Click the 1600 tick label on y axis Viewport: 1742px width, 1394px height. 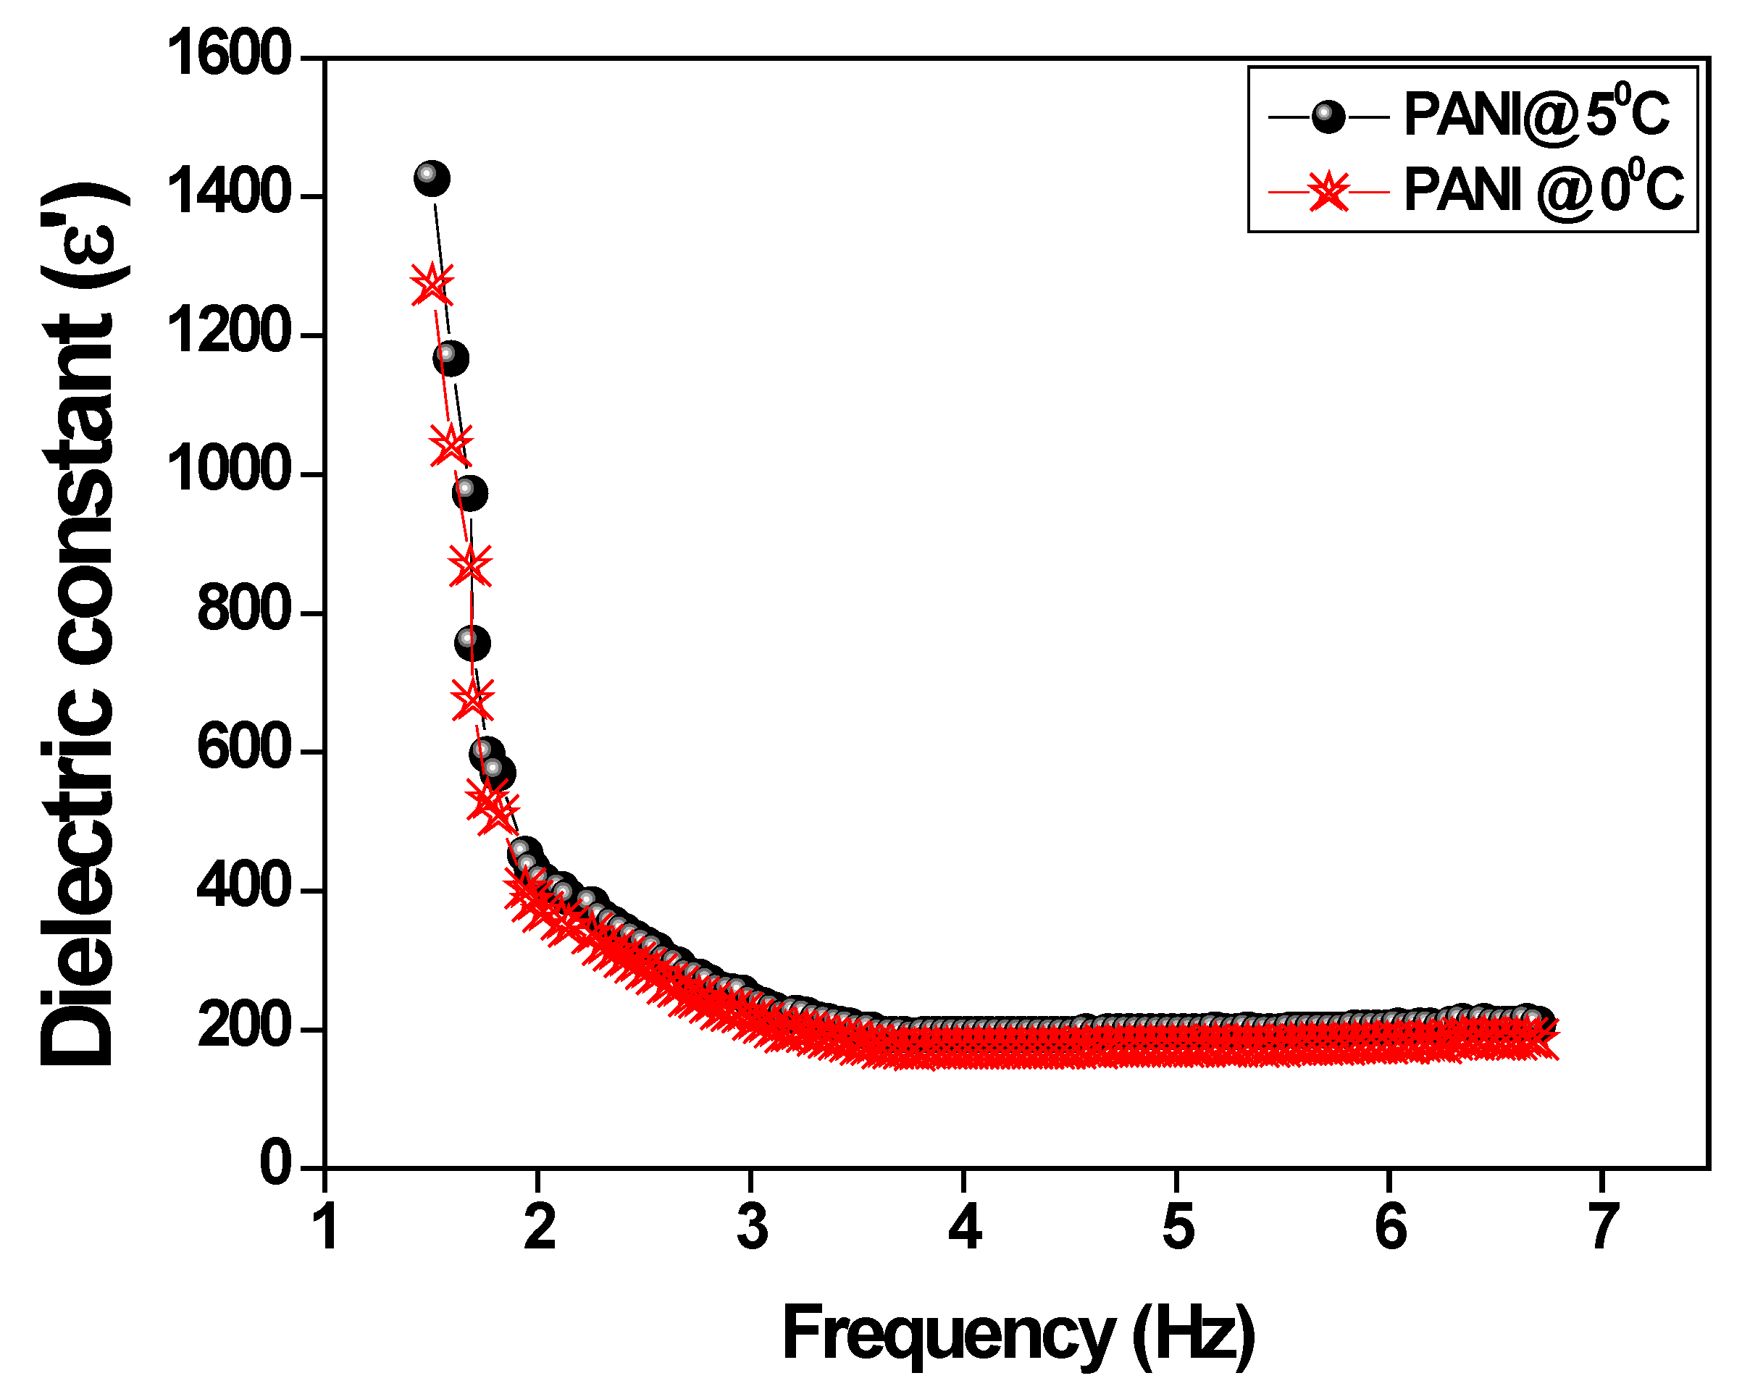(x=228, y=54)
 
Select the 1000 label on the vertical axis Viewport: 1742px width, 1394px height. (x=228, y=471)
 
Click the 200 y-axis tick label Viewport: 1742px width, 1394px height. (x=243, y=1028)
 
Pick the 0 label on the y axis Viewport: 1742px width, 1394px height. (x=275, y=1164)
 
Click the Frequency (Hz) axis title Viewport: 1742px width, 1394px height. (x=1018, y=1334)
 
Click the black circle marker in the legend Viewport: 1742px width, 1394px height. (x=1328, y=118)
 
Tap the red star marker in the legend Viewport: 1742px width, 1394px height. (x=1328, y=192)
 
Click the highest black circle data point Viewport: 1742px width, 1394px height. (x=432, y=178)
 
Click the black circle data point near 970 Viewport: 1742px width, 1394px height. (x=469, y=492)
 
